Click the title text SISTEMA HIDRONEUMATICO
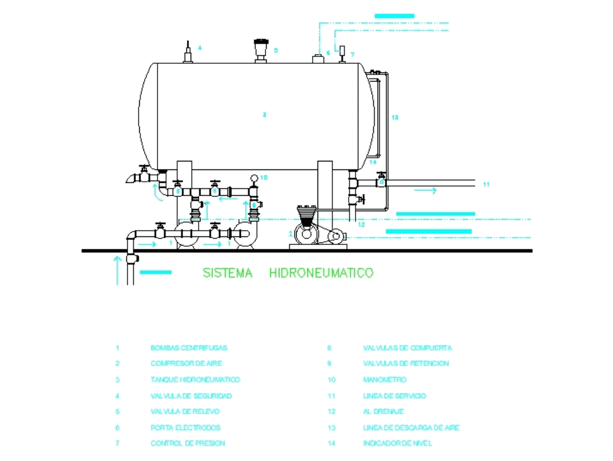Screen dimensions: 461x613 point(287,273)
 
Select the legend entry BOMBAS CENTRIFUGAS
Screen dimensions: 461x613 point(189,348)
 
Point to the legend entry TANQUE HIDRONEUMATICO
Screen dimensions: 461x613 point(196,380)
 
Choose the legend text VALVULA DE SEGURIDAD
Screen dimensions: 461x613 point(191,396)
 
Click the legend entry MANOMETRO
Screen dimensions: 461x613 point(384,380)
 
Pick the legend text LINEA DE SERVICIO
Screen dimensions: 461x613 point(394,396)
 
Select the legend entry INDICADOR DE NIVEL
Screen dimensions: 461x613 point(397,443)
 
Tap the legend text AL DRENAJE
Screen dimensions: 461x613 point(383,412)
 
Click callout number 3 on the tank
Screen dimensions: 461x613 point(264,115)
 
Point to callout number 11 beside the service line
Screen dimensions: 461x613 point(486,184)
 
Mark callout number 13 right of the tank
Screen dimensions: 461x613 point(395,117)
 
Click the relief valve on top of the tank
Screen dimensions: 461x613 point(262,49)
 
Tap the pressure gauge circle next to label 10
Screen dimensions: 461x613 point(254,179)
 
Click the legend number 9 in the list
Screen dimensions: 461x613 point(329,363)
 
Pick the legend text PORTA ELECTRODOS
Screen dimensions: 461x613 point(185,428)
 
